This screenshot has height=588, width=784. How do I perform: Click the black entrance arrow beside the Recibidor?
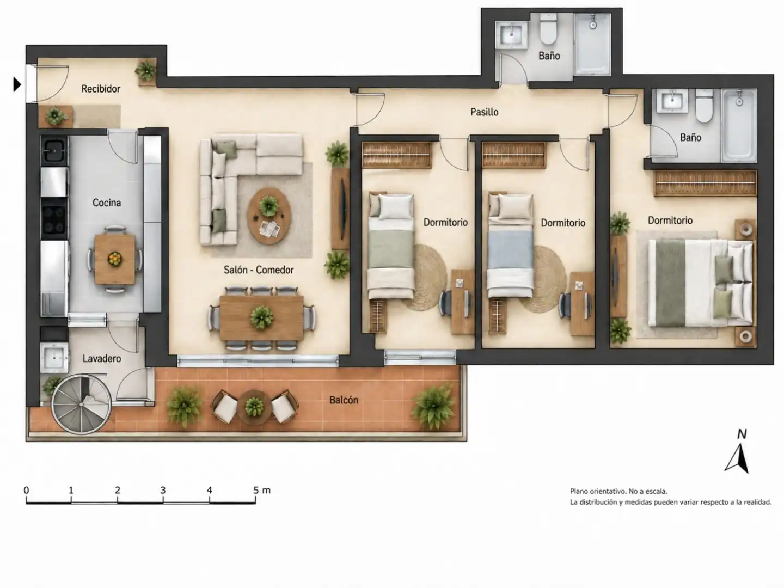(17, 84)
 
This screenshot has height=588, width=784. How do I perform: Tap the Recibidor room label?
(101, 89)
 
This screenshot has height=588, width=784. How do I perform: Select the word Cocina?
(106, 203)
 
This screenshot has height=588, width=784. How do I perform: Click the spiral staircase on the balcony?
(82, 404)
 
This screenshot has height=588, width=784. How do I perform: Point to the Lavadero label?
(102, 358)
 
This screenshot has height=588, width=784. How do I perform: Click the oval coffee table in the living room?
(269, 216)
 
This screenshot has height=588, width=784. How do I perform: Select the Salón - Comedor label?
(259, 270)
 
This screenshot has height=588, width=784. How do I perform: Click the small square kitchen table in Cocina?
(115, 259)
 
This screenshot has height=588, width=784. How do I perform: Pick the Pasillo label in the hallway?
(485, 112)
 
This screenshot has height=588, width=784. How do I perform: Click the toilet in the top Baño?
(548, 29)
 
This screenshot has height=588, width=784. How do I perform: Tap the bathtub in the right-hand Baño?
(739, 125)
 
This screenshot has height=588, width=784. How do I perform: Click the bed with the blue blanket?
(510, 246)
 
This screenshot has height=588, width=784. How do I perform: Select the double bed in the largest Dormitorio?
(701, 284)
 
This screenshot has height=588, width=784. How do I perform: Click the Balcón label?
(344, 400)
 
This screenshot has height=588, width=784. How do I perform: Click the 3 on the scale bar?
(163, 490)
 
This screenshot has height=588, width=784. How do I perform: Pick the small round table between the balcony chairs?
(254, 407)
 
